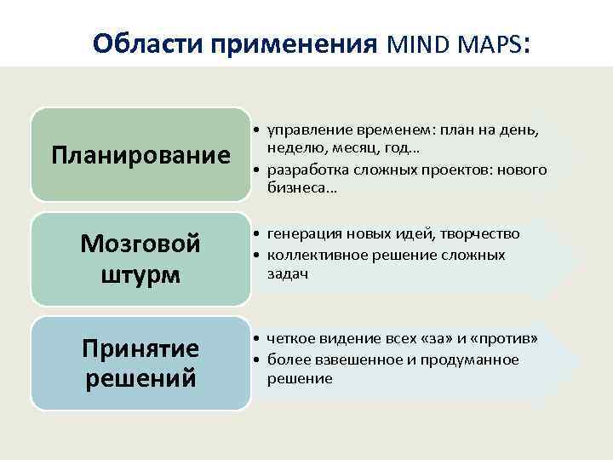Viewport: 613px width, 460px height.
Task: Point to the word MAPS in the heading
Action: point(490,43)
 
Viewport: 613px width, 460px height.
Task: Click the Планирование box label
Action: point(140,155)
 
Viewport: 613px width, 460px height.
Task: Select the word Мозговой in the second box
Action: point(140,244)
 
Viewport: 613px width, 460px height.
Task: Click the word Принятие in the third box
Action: point(140,348)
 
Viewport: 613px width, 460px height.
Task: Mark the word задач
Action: point(287,273)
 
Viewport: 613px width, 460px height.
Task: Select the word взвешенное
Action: point(350,359)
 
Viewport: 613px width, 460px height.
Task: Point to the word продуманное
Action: point(477,359)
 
